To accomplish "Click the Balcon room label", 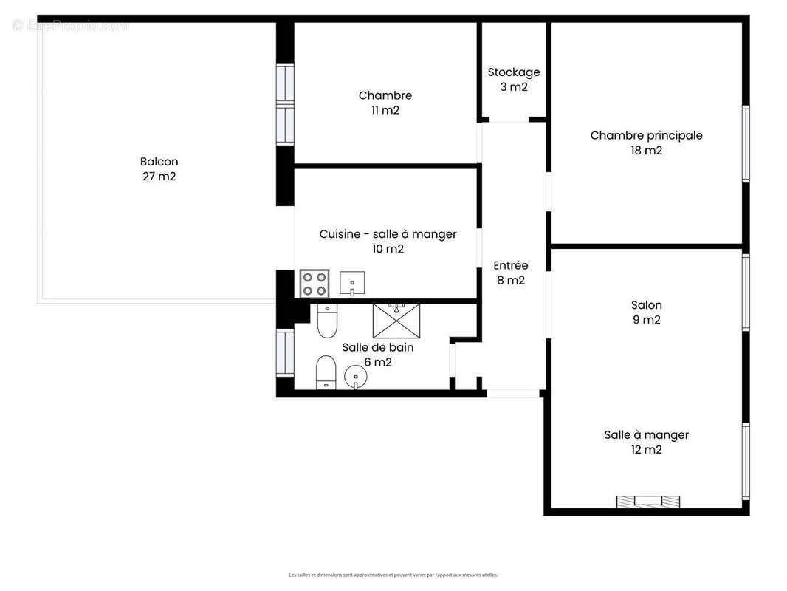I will pos(159,162).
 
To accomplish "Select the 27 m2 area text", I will pos(159,177).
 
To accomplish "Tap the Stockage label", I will pos(514,72).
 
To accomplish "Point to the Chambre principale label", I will pos(646,135).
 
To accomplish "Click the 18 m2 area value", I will pos(646,151).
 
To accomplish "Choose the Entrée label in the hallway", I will pos(511,265).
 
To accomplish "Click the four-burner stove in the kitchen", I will pos(314,284).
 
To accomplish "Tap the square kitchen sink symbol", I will pos(352,283).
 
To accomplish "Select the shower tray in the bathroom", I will pos(396,319).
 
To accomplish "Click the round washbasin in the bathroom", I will pos(355,379).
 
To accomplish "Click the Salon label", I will pos(646,304).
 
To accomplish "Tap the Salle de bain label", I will pos(377,347).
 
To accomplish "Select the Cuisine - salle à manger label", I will pos(388,234).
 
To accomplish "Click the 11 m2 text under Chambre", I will pos(385,111).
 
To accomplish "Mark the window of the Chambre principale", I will pos(746,144).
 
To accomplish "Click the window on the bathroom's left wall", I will pos(285,352).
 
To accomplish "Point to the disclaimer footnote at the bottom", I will pos(393,575).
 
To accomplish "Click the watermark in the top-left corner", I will pos(70,26).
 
